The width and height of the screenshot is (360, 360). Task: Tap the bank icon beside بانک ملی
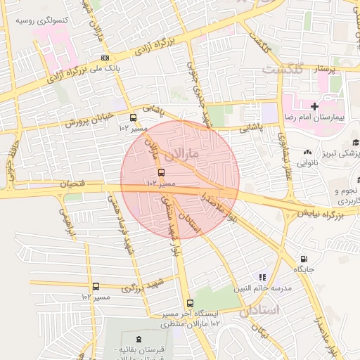(105, 58)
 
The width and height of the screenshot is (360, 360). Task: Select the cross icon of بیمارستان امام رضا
(314, 106)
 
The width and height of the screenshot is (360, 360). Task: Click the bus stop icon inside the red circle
(161, 172)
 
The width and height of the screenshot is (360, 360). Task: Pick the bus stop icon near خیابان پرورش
(134, 117)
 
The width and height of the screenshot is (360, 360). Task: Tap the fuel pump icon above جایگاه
(304, 259)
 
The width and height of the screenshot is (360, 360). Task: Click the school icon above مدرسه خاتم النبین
(263, 278)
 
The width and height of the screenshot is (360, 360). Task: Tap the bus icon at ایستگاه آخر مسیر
(190, 302)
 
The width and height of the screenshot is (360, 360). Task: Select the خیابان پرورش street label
(89, 119)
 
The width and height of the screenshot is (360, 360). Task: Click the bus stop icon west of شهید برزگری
(96, 286)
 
